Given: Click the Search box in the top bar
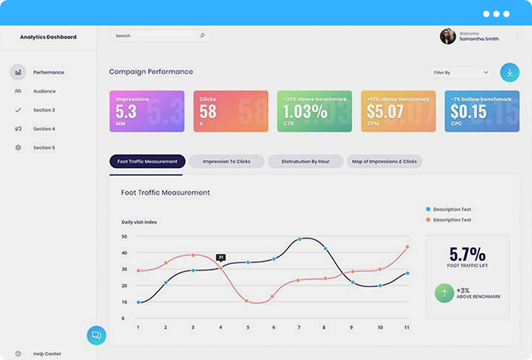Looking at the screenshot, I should pos(159,36).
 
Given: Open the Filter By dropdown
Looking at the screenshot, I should pos(461,72).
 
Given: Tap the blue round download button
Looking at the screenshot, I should pos(510,72).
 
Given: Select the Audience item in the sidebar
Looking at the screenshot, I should pos(44,91).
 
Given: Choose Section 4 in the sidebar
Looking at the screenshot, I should pos(44,129).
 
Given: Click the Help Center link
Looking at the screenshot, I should pos(46,354).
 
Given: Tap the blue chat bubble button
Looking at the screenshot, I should pos(97,335).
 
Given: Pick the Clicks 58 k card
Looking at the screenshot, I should pos(231,111).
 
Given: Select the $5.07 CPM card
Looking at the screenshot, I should pos(398,111).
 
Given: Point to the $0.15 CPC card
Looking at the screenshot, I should pos(482,111).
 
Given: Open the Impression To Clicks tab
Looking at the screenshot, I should pos(227,162).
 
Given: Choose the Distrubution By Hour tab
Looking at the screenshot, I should pos(305,162).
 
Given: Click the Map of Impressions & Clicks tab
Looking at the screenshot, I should pos(384,162).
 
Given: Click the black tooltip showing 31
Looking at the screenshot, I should pos(221,257).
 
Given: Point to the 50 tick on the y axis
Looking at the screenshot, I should pos(125,236).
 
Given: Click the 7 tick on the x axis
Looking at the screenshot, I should pos(299,327).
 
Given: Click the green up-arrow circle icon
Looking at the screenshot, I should pos(444,293).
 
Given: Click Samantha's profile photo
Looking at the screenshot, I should pos(448,36).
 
